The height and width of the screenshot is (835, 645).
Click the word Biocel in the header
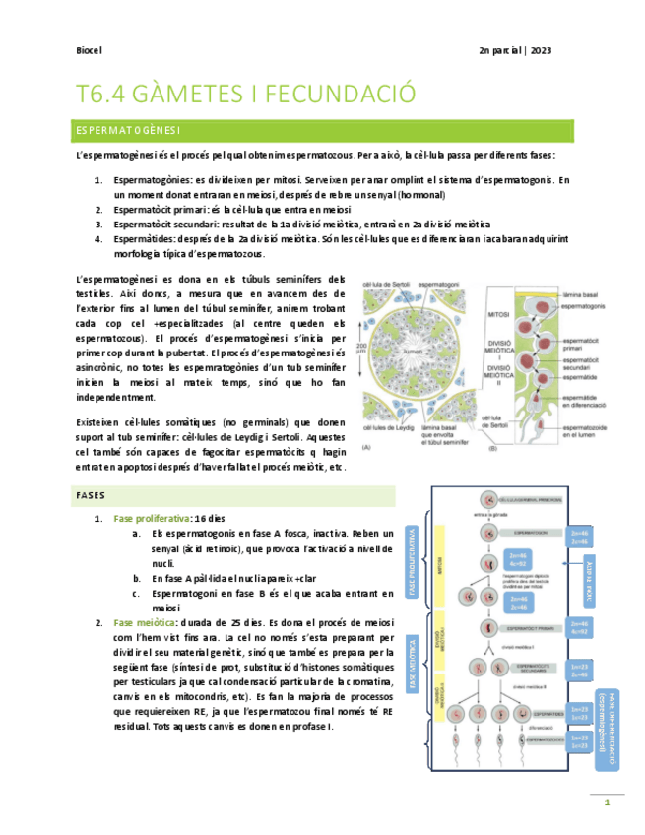pyautogui.click(x=90, y=50)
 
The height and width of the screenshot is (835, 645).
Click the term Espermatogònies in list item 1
pyautogui.click(x=152, y=180)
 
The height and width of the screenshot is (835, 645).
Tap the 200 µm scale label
pyautogui.click(x=364, y=350)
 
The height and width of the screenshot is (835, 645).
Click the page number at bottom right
pyautogui.click(x=607, y=804)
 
